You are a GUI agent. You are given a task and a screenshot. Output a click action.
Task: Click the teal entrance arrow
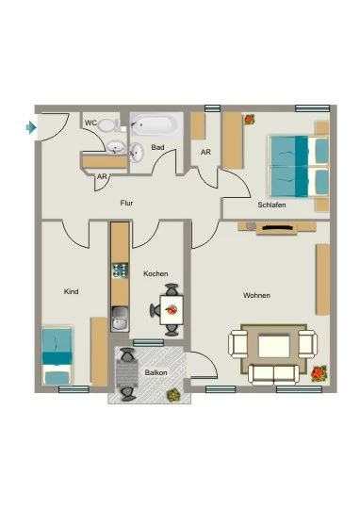coord(31,127)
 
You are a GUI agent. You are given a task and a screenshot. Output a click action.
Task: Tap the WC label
coord(90,123)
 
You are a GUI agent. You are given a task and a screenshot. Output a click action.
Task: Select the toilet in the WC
coord(108,125)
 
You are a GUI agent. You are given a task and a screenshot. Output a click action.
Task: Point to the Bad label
coord(157,147)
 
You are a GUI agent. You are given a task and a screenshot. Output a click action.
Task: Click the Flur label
coord(126,203)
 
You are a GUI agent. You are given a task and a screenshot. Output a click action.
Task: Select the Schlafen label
coord(271,205)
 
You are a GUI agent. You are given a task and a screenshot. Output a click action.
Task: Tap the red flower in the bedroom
coord(250,120)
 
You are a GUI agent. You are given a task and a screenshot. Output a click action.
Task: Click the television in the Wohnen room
coord(276,228)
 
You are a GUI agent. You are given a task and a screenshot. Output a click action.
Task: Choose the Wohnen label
coord(256,295)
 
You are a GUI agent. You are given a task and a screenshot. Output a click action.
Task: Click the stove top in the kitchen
coord(120,271)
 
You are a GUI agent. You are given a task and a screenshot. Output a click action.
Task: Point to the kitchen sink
coord(120,319)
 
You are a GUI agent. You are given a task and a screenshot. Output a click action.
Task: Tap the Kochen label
coord(155,273)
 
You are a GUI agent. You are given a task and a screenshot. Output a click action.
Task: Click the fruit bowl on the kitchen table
coord(172,309)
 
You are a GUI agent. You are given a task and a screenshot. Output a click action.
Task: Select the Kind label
coord(71,291)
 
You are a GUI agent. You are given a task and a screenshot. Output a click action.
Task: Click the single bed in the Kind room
coord(57,355)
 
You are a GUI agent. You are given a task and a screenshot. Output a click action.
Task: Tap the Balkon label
coord(155,372)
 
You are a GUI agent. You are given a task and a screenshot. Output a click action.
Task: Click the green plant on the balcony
coord(172,394)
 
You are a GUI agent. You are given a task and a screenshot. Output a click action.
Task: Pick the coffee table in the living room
coord(274,346)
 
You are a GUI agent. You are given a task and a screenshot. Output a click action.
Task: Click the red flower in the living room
coord(319,373)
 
